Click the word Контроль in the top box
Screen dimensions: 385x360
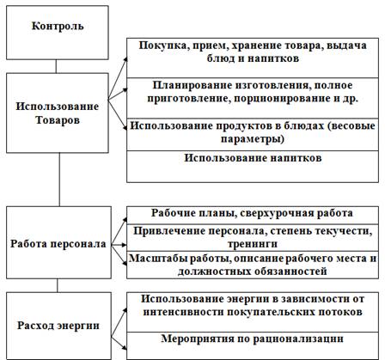click(x=58, y=26)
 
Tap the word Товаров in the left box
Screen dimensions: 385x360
click(x=58, y=120)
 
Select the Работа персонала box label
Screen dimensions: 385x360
click(x=58, y=244)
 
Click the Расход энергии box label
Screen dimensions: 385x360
click(x=58, y=326)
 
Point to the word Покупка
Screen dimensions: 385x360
click(x=162, y=46)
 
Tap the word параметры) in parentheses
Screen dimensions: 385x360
click(x=253, y=139)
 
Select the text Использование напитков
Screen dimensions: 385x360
click(x=253, y=158)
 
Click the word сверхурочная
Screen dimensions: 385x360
click(x=278, y=213)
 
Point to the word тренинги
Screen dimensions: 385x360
click(x=253, y=244)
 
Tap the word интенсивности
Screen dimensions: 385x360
click(x=184, y=312)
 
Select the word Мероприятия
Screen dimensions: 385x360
click(x=198, y=339)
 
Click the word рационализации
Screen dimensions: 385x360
click(x=298, y=339)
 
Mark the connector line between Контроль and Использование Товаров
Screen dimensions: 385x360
click(x=56, y=66)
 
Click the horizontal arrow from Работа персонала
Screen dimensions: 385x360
click(x=119, y=245)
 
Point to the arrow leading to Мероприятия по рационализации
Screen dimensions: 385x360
click(x=119, y=342)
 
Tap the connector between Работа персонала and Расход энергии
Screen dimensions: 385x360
click(x=58, y=285)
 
